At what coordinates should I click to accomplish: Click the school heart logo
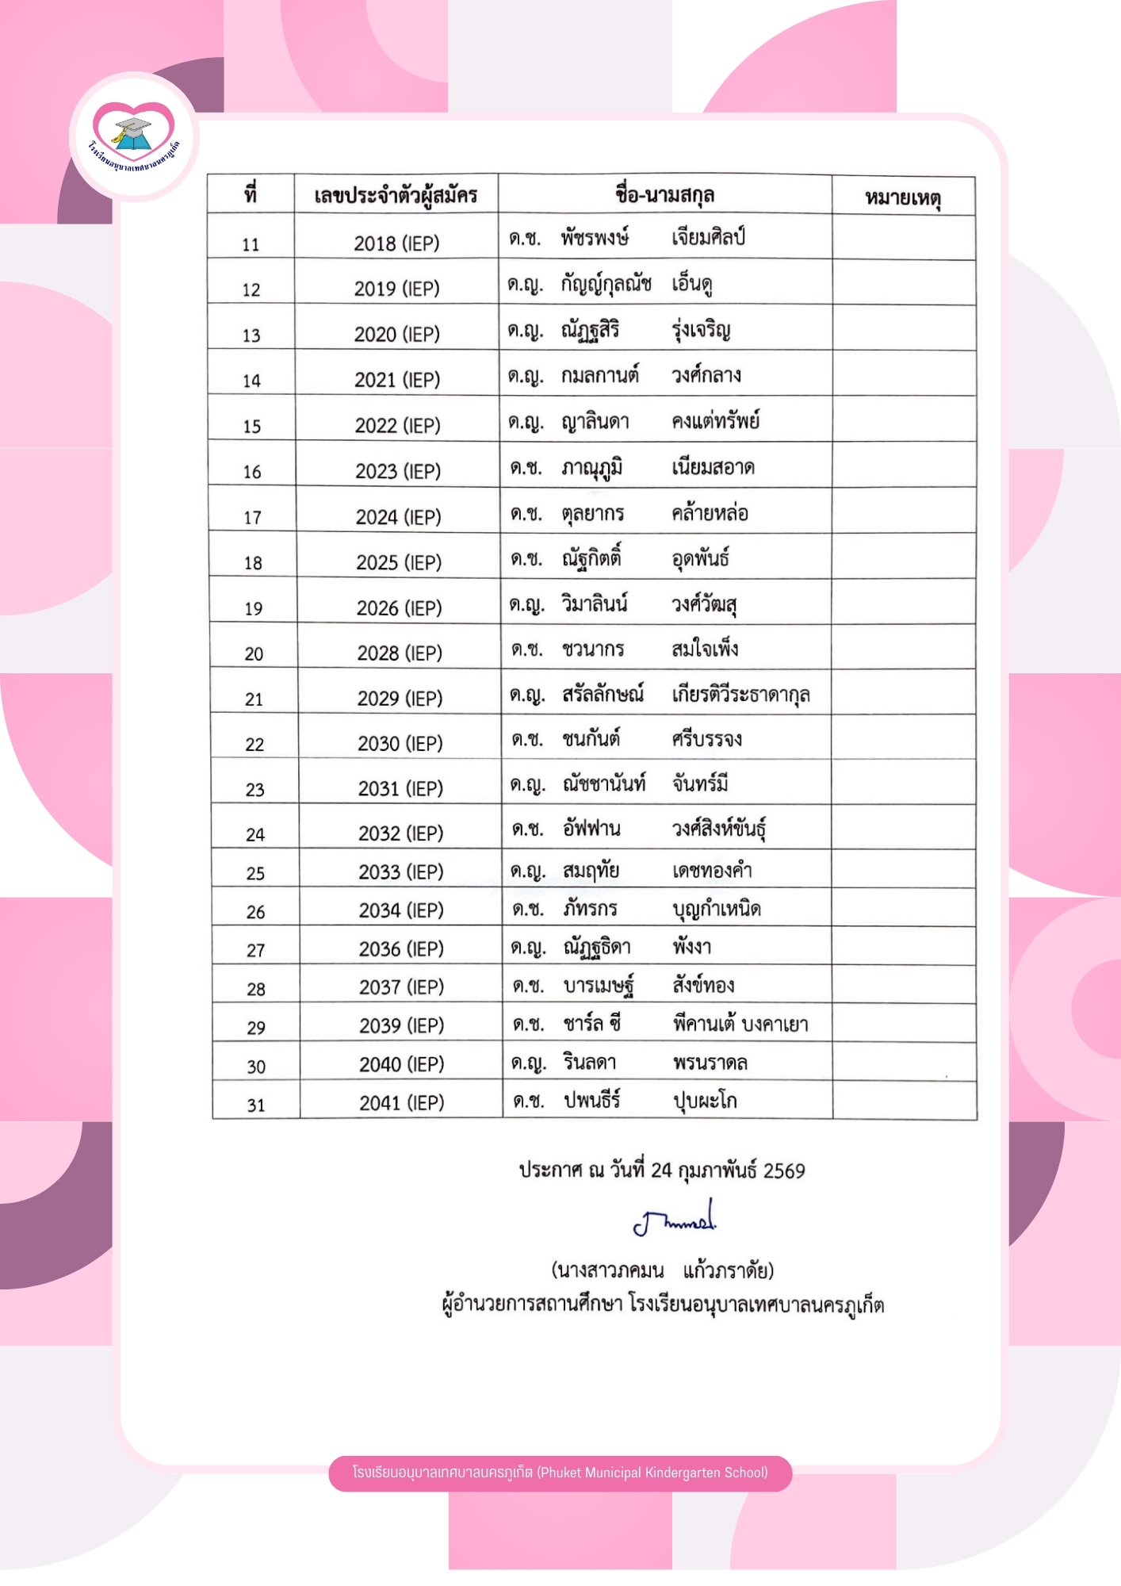(x=134, y=136)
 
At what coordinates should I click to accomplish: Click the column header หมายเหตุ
(x=903, y=197)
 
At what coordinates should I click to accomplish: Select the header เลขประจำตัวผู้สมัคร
(x=396, y=195)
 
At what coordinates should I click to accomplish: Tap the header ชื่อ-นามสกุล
(x=664, y=194)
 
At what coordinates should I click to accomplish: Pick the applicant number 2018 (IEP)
(x=396, y=243)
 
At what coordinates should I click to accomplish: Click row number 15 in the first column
(x=251, y=427)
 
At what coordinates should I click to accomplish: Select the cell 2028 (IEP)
(x=400, y=653)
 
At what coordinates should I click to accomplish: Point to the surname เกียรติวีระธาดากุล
(x=740, y=695)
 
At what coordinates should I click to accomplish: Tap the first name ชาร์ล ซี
(x=591, y=1024)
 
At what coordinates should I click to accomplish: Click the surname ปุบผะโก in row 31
(x=705, y=1101)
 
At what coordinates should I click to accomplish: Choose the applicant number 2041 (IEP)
(x=402, y=1103)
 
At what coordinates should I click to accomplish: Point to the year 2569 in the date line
(x=783, y=1170)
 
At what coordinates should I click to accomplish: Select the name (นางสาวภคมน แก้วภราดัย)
(x=662, y=1270)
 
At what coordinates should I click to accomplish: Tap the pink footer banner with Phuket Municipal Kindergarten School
(x=560, y=1473)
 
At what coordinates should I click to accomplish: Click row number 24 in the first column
(x=255, y=835)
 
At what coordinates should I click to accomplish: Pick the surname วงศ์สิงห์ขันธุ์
(x=718, y=829)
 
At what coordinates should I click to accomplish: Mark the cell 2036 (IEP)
(x=401, y=949)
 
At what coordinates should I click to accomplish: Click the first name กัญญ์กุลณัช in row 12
(x=606, y=283)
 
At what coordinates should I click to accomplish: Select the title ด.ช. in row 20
(x=526, y=649)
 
